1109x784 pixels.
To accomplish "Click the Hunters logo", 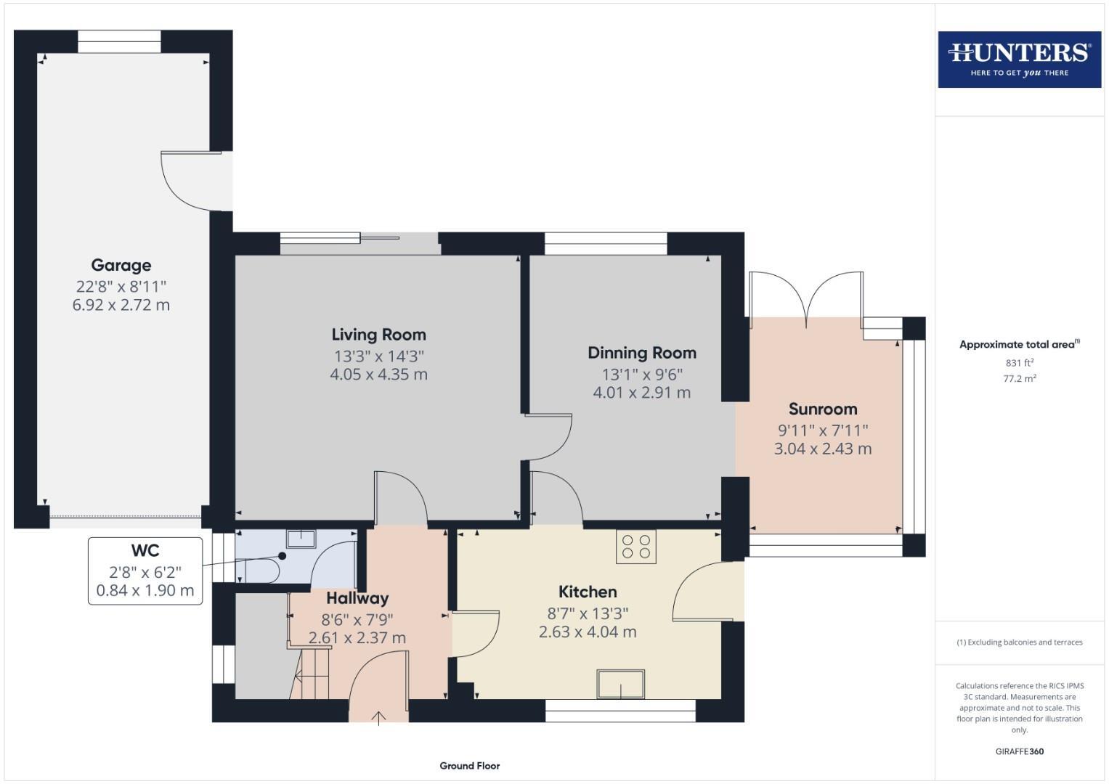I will (1019, 60).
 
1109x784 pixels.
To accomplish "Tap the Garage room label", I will (121, 265).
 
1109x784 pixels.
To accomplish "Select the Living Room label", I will (378, 335).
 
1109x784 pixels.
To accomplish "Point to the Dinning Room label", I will (642, 353).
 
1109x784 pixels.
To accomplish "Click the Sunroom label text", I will (823, 409).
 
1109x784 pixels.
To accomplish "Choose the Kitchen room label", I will (588, 592).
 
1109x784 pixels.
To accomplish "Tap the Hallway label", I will (357, 598).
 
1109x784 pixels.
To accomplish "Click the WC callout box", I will (145, 571).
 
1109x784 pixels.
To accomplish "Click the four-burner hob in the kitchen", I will (636, 546).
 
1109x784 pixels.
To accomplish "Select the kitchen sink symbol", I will (621, 684).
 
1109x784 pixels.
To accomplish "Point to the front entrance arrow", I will (379, 718).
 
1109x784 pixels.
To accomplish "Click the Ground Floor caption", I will (469, 765).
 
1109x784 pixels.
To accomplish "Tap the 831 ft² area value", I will (1019, 363).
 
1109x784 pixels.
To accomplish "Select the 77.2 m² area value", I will (1019, 378).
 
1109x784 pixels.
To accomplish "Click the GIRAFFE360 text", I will (1019, 751).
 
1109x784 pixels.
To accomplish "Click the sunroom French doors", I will (806, 298).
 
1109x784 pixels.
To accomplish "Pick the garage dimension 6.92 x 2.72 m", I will (121, 305).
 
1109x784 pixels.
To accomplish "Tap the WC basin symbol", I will (301, 539).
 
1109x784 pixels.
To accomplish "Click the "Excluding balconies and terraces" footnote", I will (1019, 642).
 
